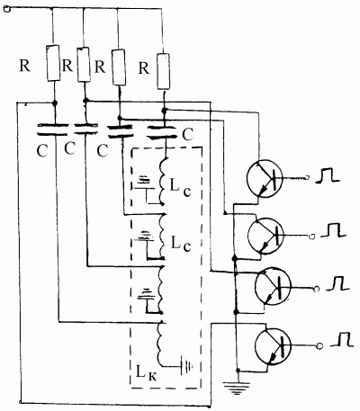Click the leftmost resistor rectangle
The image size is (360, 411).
(x=53, y=63)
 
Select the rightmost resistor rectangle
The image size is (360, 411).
(x=164, y=71)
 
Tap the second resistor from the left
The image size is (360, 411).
(x=84, y=65)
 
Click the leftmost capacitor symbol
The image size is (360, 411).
(x=52, y=130)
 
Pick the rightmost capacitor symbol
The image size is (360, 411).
(x=163, y=132)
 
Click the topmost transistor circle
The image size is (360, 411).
(x=265, y=178)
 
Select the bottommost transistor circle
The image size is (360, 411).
(x=273, y=346)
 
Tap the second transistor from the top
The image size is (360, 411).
(x=265, y=236)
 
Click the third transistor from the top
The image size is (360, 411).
(x=273, y=287)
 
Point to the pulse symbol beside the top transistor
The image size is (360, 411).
(x=328, y=175)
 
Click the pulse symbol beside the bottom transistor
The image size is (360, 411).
(x=342, y=339)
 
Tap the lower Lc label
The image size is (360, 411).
(x=181, y=244)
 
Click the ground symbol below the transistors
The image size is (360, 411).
(x=237, y=387)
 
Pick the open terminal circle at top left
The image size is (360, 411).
(x=6, y=9)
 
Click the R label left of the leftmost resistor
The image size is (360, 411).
(x=25, y=66)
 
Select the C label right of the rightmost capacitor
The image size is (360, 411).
(x=188, y=135)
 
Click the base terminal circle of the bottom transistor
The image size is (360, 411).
(x=319, y=346)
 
